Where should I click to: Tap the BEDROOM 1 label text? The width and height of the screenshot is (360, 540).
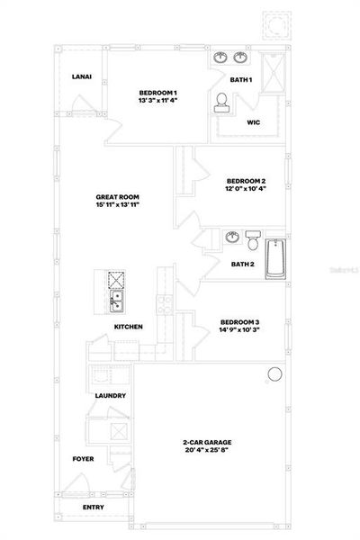157,93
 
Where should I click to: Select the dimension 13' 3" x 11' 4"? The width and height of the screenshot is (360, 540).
157,101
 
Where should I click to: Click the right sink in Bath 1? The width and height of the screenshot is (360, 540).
240,58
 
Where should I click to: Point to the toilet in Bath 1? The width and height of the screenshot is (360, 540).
221,104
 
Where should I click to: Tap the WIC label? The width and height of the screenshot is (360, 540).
254,124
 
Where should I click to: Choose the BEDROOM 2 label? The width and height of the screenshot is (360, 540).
245,180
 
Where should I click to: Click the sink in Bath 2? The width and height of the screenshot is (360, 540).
232,238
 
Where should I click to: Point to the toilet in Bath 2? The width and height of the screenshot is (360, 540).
254,242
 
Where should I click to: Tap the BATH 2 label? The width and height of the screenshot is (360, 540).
242,264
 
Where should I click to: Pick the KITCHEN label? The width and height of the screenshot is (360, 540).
128,327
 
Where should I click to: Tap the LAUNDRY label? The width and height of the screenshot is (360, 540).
110,396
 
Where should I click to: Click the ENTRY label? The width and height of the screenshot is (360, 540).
93,508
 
